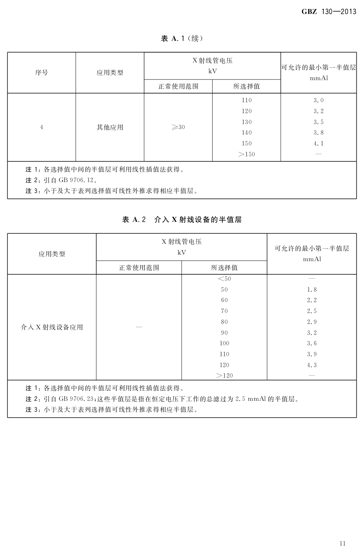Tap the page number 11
pyautogui.click(x=342, y=543)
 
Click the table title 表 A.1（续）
pyautogui.click(x=182, y=38)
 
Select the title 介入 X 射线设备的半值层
pyautogui.click(x=198, y=219)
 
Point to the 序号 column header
pyautogui.click(x=41, y=73)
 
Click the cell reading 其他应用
pyautogui.click(x=110, y=127)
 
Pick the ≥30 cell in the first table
pyautogui.click(x=178, y=127)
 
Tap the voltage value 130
pyautogui.click(x=246, y=122)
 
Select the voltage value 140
pyautogui.click(x=246, y=133)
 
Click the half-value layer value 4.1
pyautogui.click(x=318, y=144)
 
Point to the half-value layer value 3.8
pyautogui.click(x=318, y=133)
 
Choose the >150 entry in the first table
pyautogui.click(x=246, y=155)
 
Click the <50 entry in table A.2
pyautogui.click(x=224, y=279)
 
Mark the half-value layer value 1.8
pyautogui.click(x=312, y=289)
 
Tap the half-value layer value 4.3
pyautogui.click(x=312, y=365)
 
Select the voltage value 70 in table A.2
pyautogui.click(x=224, y=311)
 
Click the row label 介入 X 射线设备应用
pyautogui.click(x=52, y=327)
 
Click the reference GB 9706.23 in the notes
pyautogui.click(x=76, y=399)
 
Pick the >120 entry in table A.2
pyautogui.click(x=224, y=376)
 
